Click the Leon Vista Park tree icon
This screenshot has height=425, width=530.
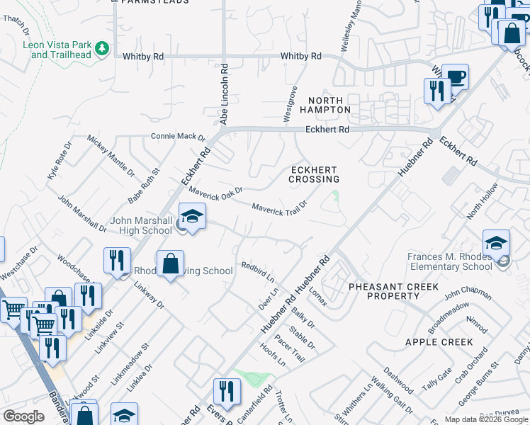[x=103, y=47]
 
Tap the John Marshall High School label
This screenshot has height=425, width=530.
[x=141, y=225]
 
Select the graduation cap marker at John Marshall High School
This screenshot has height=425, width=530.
[x=192, y=216]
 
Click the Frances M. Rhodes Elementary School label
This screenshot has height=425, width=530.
[x=450, y=261]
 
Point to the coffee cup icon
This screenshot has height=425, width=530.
[x=454, y=76]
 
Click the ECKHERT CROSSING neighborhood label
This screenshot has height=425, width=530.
[x=313, y=174]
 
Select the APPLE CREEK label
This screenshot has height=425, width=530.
[x=439, y=342]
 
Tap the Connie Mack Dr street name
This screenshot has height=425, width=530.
[x=177, y=136]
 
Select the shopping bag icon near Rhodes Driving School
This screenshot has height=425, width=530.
[x=171, y=264]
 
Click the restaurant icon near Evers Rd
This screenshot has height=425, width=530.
[x=227, y=392]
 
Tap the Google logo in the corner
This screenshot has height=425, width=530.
[x=23, y=416]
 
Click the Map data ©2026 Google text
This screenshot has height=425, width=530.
[x=485, y=419]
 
